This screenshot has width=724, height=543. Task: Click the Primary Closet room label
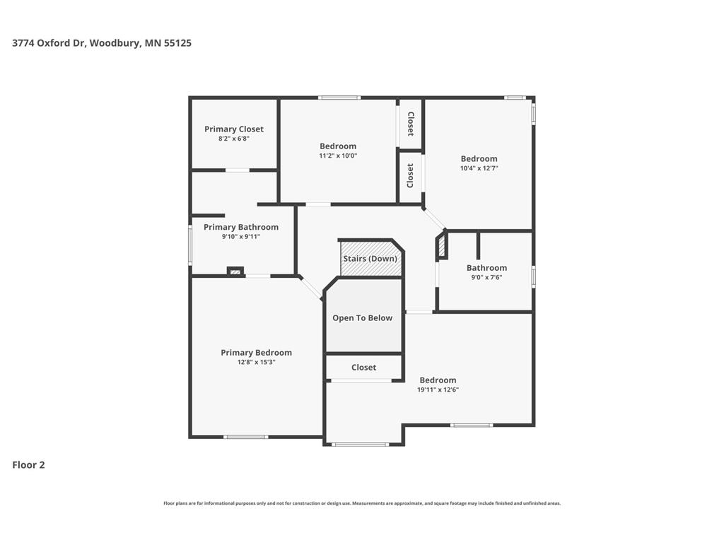coord(233,129)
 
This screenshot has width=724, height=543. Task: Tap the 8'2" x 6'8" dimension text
coord(233,139)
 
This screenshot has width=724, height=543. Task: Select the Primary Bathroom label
coord(241,227)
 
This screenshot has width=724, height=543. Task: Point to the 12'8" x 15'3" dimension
coord(256,363)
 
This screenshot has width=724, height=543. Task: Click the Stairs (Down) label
coord(370,259)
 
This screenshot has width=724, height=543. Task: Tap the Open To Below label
coord(363,318)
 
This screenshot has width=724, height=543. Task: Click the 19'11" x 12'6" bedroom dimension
coord(438,390)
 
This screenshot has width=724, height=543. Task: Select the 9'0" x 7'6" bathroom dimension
coord(486,277)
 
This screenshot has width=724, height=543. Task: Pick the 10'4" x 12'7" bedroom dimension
coord(479,168)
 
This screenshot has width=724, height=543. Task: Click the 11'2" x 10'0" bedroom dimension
coord(338,156)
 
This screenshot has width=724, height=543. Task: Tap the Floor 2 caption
coord(28,465)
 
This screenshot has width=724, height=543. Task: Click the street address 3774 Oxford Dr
coord(49,43)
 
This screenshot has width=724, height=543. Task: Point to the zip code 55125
coord(177,43)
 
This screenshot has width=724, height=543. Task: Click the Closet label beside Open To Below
coord(364,368)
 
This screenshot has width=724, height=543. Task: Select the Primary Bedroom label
coord(256,353)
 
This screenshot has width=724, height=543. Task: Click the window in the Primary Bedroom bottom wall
coord(245,437)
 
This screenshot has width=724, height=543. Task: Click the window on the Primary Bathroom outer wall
coord(190,245)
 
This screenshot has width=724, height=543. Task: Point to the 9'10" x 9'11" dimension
coord(241,237)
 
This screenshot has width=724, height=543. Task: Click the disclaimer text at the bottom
coord(362,503)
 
